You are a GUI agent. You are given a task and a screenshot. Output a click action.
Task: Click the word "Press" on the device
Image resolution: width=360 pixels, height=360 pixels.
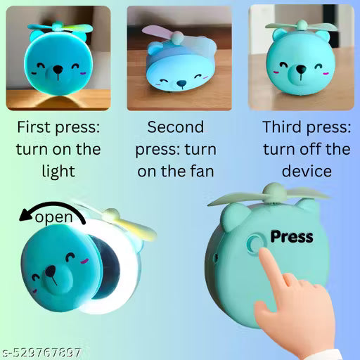point(291,236)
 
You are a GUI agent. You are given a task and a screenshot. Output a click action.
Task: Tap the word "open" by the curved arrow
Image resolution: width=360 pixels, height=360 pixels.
point(53,217)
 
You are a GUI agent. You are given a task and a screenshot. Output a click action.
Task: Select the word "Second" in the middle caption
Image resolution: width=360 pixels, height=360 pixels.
point(176,128)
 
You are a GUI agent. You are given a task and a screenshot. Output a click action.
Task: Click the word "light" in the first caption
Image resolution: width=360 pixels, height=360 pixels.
point(58,172)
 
